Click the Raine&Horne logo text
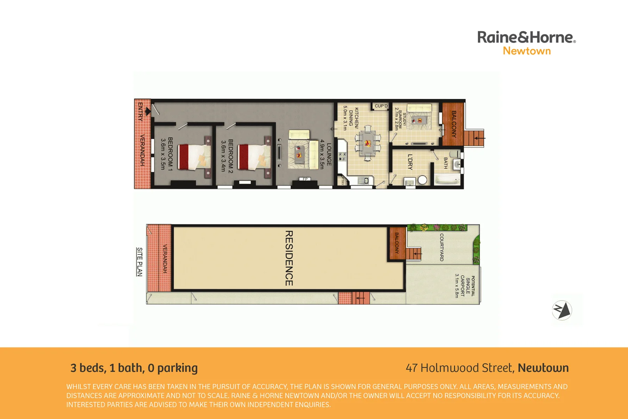[x=526, y=37]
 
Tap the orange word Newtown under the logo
[x=526, y=51]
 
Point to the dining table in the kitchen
[x=367, y=144]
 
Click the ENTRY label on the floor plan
[x=140, y=112]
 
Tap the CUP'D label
[x=381, y=106]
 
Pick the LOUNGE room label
[x=329, y=154]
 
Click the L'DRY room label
[x=410, y=162]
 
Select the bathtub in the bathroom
[x=447, y=180]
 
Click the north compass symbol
[x=562, y=310]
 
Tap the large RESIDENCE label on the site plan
[x=289, y=258]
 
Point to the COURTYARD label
[x=442, y=247]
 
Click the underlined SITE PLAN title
[x=140, y=261]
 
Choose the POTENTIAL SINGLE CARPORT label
[x=465, y=286]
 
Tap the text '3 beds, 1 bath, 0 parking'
[x=134, y=368]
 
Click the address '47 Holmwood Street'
[x=459, y=368]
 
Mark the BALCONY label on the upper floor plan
[x=454, y=124]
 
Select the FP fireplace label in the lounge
[x=305, y=179]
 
